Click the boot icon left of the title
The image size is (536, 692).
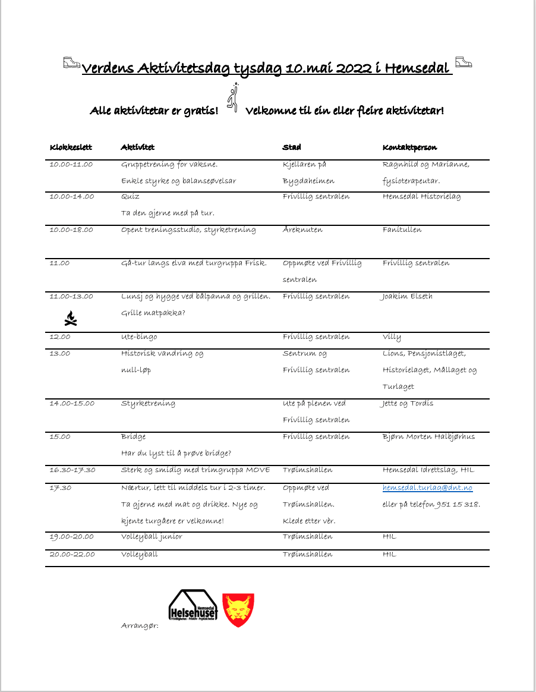(x=72, y=64)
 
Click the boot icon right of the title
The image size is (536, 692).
(x=463, y=62)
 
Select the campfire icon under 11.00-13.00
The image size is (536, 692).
(x=71, y=319)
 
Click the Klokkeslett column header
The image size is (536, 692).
(x=71, y=147)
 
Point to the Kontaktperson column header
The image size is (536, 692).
(x=410, y=147)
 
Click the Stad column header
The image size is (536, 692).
(x=292, y=147)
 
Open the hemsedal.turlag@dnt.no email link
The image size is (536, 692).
(x=427, y=488)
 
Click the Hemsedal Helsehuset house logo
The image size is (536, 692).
(x=193, y=606)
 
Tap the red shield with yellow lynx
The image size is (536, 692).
(x=238, y=609)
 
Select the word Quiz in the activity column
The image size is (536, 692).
(x=130, y=197)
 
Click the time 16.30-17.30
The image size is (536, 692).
(x=72, y=470)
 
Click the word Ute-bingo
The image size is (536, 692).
(x=139, y=337)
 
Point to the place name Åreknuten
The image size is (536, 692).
(x=303, y=230)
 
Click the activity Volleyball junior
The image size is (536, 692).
(x=152, y=537)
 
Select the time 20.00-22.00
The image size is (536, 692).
(x=72, y=555)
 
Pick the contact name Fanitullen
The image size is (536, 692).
(x=402, y=230)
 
